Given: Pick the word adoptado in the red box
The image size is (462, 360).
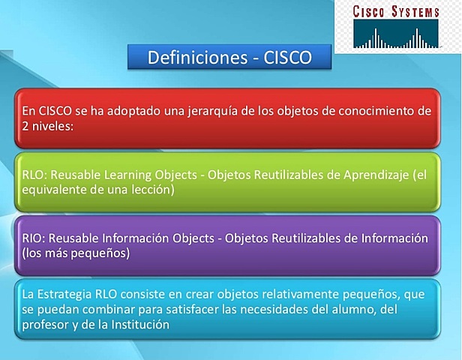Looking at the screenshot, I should tap(120, 111).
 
